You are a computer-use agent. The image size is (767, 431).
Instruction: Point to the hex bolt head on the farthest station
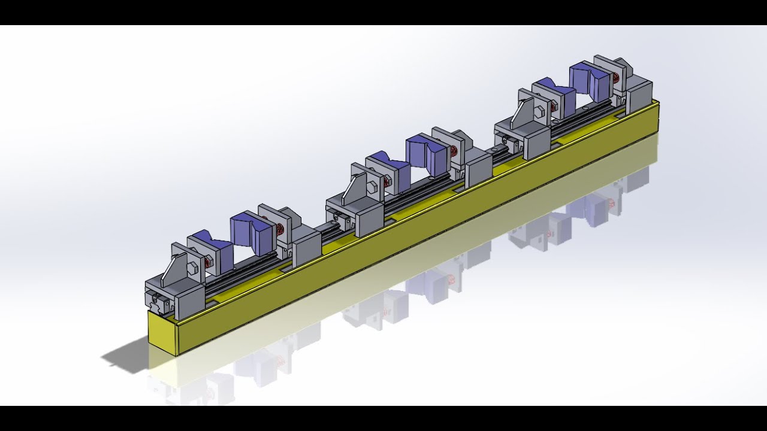click(539, 111)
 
